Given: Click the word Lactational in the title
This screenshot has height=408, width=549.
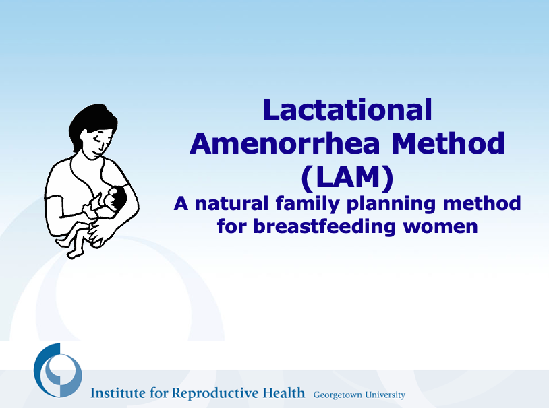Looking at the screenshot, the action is tap(347, 110).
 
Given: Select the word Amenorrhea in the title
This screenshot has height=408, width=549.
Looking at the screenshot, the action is tap(285, 143).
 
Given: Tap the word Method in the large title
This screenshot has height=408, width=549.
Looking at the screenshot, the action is tap(448, 143).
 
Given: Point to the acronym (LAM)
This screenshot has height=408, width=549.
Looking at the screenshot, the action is tap(347, 178).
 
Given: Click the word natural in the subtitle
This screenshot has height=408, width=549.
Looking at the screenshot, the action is tap(231, 203).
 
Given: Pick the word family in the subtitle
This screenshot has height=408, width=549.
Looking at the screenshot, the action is tap(308, 204).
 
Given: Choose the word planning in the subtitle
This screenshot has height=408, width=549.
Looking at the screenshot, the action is tap(391, 204).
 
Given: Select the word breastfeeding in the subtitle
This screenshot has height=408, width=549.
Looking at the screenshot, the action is tap(324, 226).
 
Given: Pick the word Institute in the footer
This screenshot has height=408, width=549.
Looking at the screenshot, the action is tap(118, 393).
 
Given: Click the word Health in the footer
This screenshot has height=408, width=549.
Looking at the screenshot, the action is tap(283, 393).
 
